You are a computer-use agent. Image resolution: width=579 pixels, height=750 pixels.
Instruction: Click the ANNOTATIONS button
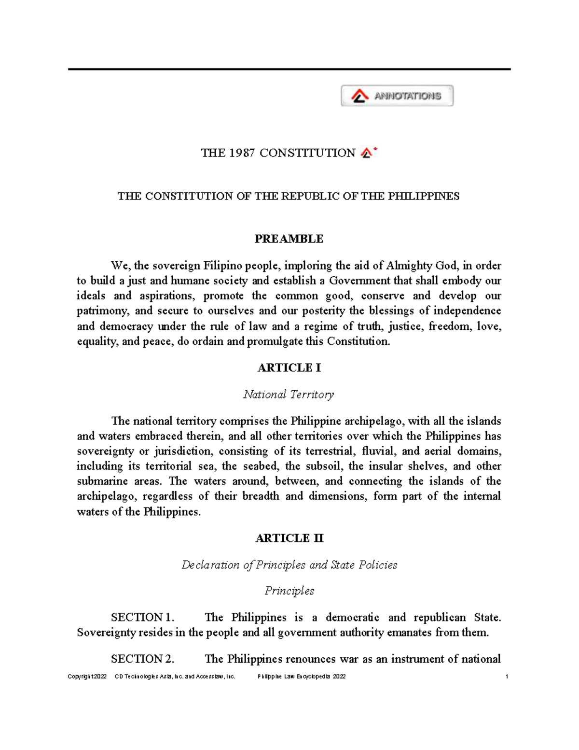397,96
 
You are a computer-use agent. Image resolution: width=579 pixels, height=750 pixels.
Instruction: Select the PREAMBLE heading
289,239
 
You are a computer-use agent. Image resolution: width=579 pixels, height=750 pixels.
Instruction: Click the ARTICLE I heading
289,368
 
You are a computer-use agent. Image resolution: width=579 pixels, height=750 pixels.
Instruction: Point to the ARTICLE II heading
289,538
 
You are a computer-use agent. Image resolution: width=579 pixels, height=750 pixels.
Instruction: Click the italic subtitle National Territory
289,395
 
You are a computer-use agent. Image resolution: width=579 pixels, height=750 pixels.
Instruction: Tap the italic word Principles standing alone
289,591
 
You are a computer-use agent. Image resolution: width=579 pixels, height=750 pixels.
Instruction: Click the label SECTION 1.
142,618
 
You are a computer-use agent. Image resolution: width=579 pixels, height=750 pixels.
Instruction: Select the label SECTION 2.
142,659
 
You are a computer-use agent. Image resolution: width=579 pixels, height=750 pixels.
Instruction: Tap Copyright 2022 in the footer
87,677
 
